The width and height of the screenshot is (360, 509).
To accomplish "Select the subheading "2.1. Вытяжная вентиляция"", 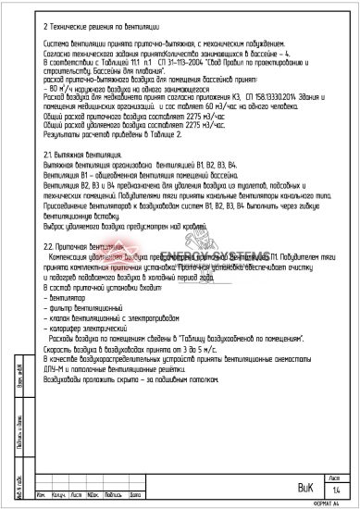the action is point(71,153).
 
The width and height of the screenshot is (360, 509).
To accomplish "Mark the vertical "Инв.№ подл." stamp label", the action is point(21,482).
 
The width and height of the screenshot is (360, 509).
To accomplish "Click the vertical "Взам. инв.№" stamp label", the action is point(21,389).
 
